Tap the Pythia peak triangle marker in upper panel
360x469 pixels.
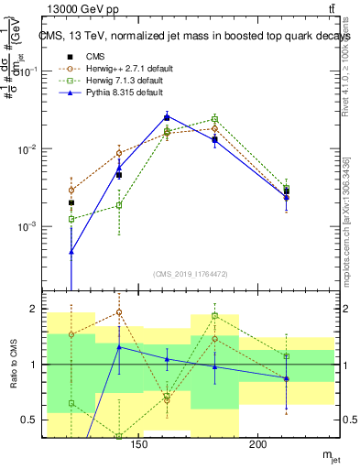(167, 116)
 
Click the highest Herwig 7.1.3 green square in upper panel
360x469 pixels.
(214, 119)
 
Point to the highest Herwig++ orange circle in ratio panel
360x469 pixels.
(119, 312)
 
